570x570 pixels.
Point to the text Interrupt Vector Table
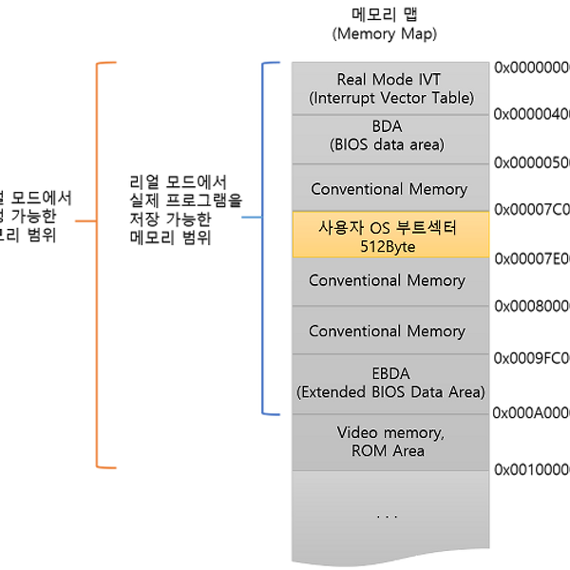391,98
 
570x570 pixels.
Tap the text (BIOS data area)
388,146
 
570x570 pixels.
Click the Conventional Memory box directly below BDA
389,188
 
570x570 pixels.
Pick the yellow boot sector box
391,235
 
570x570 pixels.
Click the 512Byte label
388,246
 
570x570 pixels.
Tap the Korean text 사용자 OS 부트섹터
388,228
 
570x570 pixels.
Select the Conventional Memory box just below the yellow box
387,281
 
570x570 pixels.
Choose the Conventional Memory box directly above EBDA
387,331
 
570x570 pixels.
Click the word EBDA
389,373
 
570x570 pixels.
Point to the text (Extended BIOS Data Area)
389,391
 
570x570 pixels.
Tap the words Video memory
389,432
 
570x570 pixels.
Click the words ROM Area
388,450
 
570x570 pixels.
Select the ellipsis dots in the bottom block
387,517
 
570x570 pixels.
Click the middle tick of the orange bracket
82,221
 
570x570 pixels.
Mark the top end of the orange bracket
108,64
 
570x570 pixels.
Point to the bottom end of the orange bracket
108,466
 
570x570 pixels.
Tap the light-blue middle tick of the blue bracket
248,218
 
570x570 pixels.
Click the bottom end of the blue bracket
273,414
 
